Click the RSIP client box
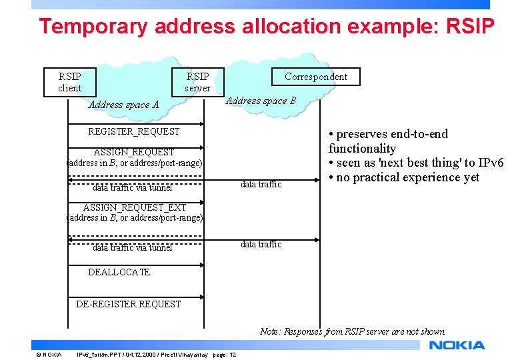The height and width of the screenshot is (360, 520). tap(70, 82)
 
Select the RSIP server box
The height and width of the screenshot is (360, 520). tap(197, 82)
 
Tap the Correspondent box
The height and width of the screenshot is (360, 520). tap(315, 77)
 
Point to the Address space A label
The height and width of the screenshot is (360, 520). tap(123, 105)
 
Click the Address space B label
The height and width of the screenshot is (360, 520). tap(261, 101)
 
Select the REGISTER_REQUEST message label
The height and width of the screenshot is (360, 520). tap(134, 131)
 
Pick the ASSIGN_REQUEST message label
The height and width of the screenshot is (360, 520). tap(134, 152)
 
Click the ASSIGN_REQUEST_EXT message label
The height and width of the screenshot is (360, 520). tap(135, 207)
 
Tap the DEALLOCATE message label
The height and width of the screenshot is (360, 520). tap(119, 272)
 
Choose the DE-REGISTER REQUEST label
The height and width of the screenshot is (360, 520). tap(128, 304)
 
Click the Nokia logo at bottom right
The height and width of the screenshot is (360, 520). tap(457, 345)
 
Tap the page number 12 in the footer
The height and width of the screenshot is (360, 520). tap(232, 354)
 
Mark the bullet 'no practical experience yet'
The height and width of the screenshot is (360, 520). tap(407, 177)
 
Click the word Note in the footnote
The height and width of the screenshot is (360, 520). tap(270, 331)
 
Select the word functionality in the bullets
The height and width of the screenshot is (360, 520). tap(362, 149)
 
